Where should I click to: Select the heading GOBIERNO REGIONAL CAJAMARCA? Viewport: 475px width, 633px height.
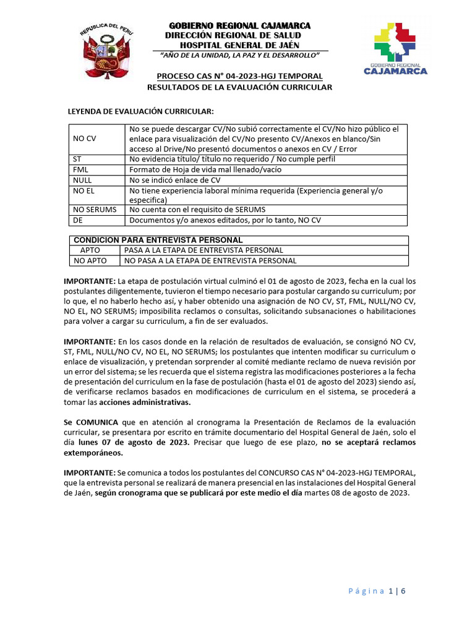click(x=241, y=25)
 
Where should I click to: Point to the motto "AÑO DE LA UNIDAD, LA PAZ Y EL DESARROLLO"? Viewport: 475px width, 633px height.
click(x=239, y=56)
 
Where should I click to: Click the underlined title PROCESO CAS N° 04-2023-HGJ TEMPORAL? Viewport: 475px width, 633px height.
click(x=239, y=76)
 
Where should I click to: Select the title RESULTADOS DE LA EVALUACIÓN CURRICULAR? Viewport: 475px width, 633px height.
click(x=239, y=87)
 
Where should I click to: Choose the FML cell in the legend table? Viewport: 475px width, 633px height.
click(x=81, y=169)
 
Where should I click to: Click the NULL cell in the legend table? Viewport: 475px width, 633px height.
click(x=82, y=180)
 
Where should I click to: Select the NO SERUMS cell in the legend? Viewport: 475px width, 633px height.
click(x=95, y=210)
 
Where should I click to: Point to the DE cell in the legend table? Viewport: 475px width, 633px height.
click(x=78, y=221)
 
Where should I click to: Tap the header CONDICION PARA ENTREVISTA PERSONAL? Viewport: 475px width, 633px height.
click(x=158, y=240)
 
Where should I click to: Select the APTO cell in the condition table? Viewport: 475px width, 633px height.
click(x=90, y=250)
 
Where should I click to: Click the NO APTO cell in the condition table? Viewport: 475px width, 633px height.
click(x=90, y=261)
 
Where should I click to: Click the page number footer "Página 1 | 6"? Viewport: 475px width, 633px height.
click(x=376, y=591)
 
